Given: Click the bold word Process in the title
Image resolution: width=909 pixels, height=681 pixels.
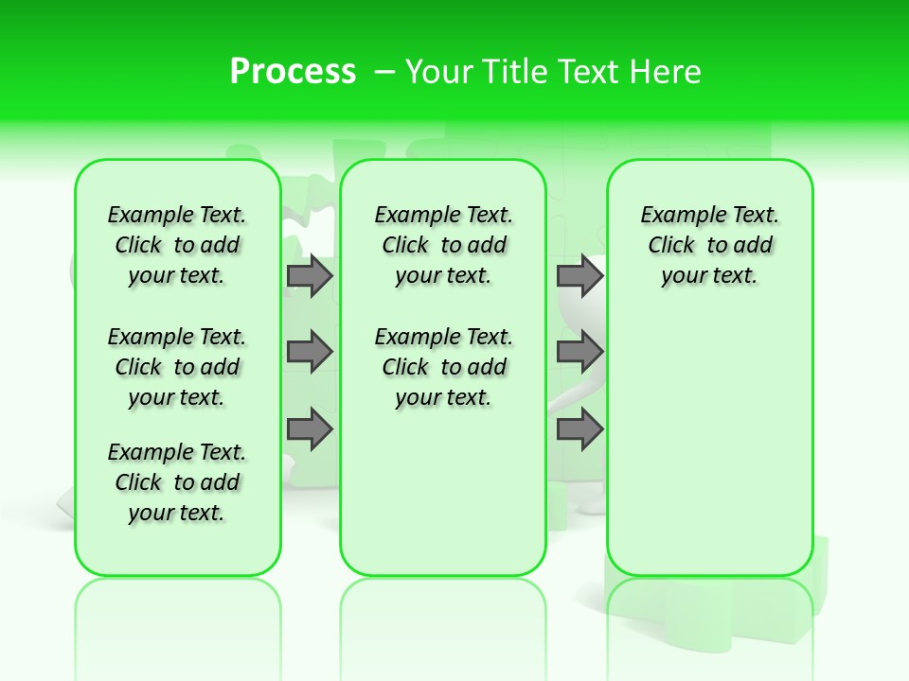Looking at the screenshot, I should point(293,71).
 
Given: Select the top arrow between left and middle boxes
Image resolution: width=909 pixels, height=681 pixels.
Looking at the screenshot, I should point(309,276).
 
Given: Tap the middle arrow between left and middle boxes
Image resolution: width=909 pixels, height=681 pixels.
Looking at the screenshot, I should point(309,352).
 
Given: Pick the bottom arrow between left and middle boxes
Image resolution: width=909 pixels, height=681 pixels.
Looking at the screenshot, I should point(309,429).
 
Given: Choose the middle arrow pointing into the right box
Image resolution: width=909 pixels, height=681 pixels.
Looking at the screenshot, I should point(579,352).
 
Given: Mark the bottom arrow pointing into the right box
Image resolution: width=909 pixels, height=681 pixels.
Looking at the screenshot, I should point(579,429).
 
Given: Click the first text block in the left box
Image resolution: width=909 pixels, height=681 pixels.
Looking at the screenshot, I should point(177,245).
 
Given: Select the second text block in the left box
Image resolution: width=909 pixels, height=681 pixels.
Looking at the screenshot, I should point(177,367).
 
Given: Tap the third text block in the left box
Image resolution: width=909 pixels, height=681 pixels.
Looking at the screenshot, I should point(177,482).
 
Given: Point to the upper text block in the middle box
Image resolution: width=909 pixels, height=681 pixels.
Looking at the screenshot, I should point(443,245).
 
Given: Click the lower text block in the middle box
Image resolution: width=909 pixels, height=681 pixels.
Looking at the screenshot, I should point(443,367).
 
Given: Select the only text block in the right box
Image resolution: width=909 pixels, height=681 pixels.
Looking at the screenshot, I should point(709,245).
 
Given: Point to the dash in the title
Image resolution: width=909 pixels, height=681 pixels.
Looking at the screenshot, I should point(384,72).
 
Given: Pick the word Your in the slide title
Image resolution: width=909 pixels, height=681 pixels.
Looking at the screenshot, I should point(439,72).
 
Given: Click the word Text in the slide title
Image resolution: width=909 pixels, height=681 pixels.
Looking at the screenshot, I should point(590,72).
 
